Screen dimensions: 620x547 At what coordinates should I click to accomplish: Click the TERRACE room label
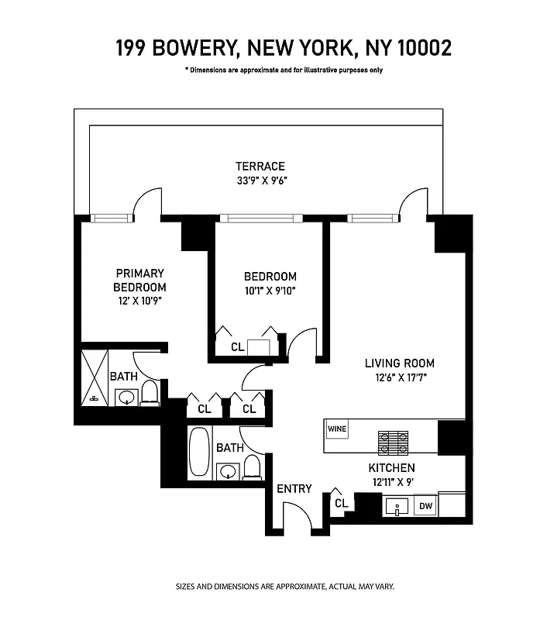tap(260, 166)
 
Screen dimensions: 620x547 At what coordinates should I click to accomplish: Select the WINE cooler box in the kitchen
tap(336, 428)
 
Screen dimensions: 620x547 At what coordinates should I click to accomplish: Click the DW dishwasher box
tap(425, 507)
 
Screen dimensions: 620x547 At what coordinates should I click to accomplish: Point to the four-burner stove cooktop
tap(393, 442)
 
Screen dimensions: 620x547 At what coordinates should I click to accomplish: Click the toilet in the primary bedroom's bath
tap(150, 394)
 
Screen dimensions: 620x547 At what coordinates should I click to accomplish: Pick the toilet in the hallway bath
tap(252, 468)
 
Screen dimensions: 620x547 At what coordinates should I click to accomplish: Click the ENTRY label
tap(294, 489)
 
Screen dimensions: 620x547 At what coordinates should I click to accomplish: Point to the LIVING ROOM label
tap(400, 363)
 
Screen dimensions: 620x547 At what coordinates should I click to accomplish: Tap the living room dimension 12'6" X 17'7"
tap(400, 378)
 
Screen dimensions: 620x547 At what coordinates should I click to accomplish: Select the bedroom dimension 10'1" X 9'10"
tap(270, 291)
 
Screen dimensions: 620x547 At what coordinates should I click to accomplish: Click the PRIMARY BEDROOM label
tap(140, 280)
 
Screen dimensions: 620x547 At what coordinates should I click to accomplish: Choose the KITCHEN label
tap(391, 468)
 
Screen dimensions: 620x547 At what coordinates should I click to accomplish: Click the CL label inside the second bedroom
tap(237, 347)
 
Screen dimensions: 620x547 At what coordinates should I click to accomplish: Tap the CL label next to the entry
tap(341, 503)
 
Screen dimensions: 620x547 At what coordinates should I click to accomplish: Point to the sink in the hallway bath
tap(228, 470)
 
